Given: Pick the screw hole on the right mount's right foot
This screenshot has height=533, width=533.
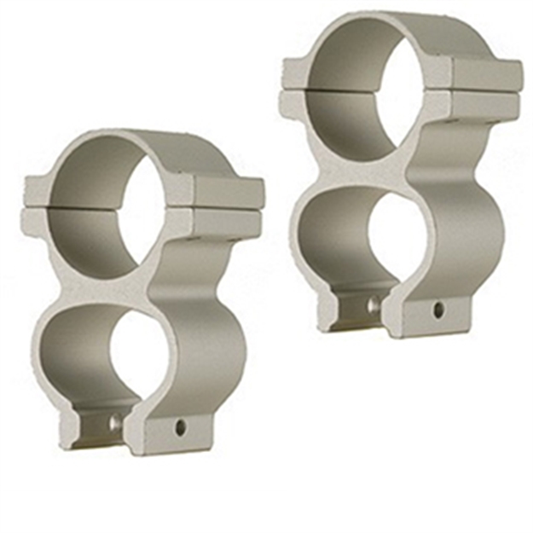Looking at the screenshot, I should (x=438, y=308).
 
